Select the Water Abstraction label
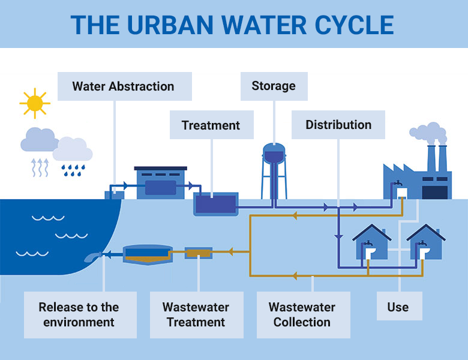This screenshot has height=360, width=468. point(124,86)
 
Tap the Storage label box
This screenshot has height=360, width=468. point(274,86)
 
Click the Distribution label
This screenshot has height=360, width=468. point(338,125)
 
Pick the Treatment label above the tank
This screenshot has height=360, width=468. point(211,125)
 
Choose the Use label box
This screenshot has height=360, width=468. point(398,307)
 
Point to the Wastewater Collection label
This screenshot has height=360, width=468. point(302,314)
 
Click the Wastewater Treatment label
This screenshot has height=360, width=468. point(196,314)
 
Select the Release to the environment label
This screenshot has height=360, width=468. point(79,314)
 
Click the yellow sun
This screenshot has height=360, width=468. point(34,103)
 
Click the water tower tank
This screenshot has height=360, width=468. point(274,154)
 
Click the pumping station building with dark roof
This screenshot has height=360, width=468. point(161,183)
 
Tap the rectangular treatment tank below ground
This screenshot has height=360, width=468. point(215,204)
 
